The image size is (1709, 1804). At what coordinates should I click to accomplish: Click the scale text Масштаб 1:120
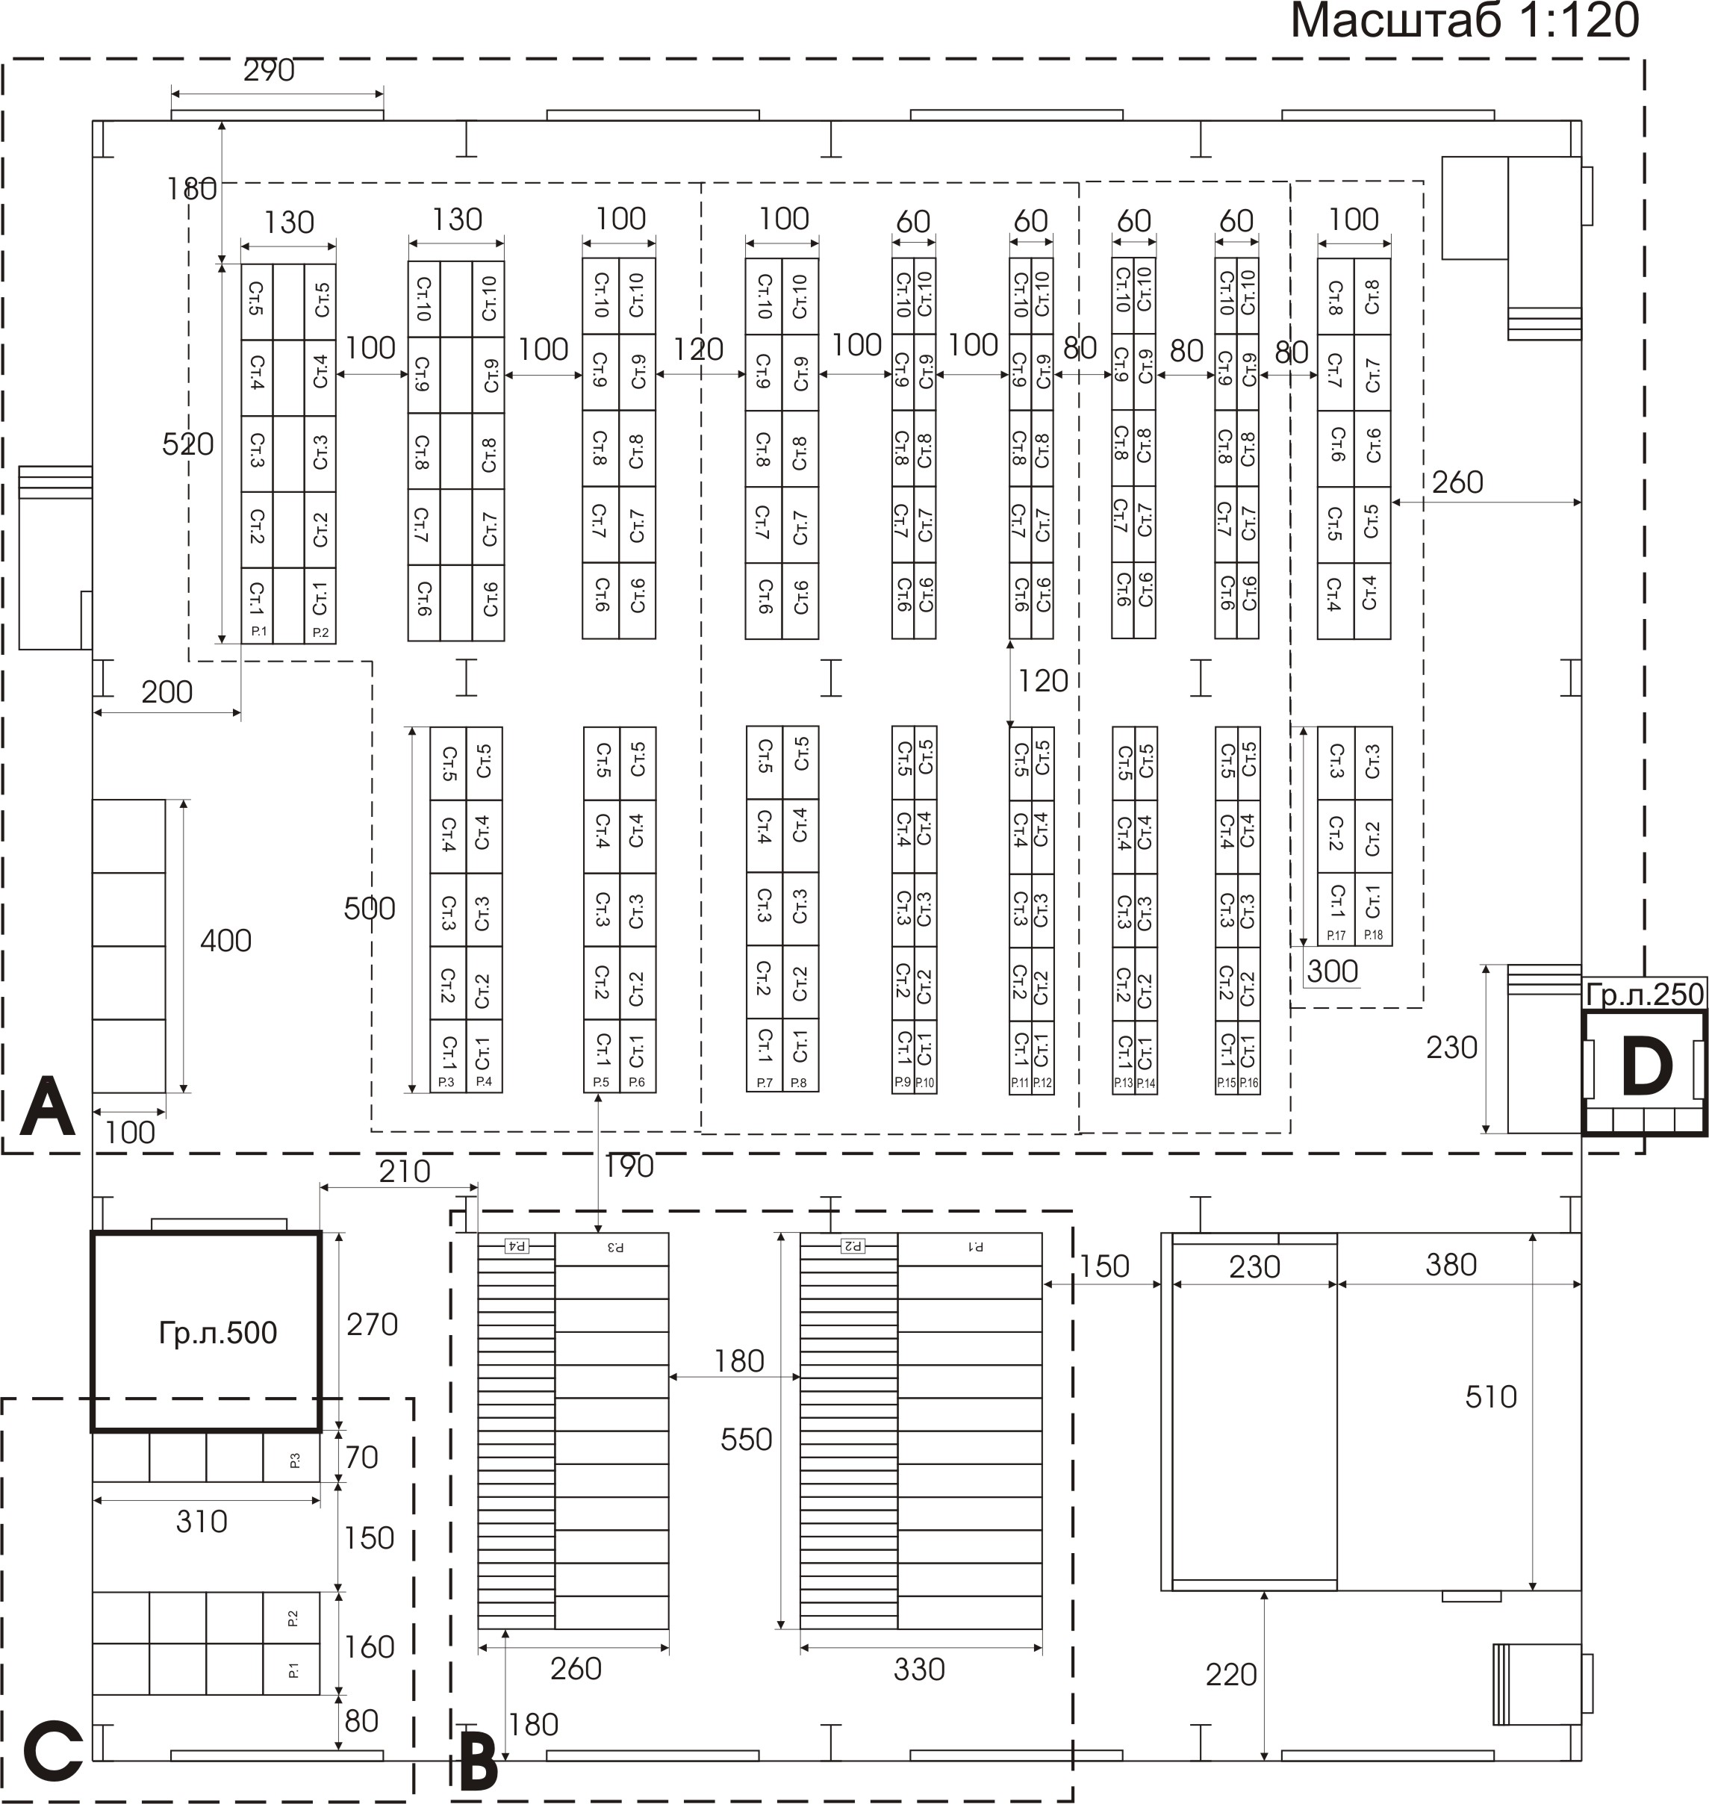pyautogui.click(x=1464, y=22)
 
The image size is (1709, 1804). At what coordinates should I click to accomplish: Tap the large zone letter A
pyautogui.click(x=46, y=1107)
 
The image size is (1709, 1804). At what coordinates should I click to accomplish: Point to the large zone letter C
pyautogui.click(x=52, y=1751)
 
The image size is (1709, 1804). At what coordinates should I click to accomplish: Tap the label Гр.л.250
pyautogui.click(x=1644, y=994)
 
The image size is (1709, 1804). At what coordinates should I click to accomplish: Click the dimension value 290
pyautogui.click(x=269, y=70)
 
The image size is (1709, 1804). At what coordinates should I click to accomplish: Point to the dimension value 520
pyautogui.click(x=187, y=444)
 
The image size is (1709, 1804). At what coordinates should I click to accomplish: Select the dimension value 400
pyautogui.click(x=225, y=940)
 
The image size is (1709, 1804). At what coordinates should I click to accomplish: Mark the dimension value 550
pyautogui.click(x=745, y=1440)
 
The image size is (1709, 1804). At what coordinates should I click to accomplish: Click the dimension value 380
pyautogui.click(x=1450, y=1265)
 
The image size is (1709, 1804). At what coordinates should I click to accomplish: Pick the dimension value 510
pyautogui.click(x=1490, y=1397)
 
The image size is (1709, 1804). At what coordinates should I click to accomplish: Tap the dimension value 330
pyautogui.click(x=918, y=1669)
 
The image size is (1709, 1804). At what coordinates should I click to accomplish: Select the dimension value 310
pyautogui.click(x=202, y=1521)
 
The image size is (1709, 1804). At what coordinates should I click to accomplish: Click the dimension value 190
pyautogui.click(x=629, y=1166)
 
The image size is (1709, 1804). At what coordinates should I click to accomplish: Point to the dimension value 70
pyautogui.click(x=361, y=1457)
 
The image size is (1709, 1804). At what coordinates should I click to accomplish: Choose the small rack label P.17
pyautogui.click(x=1336, y=936)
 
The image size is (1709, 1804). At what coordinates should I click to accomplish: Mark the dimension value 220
pyautogui.click(x=1230, y=1674)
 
